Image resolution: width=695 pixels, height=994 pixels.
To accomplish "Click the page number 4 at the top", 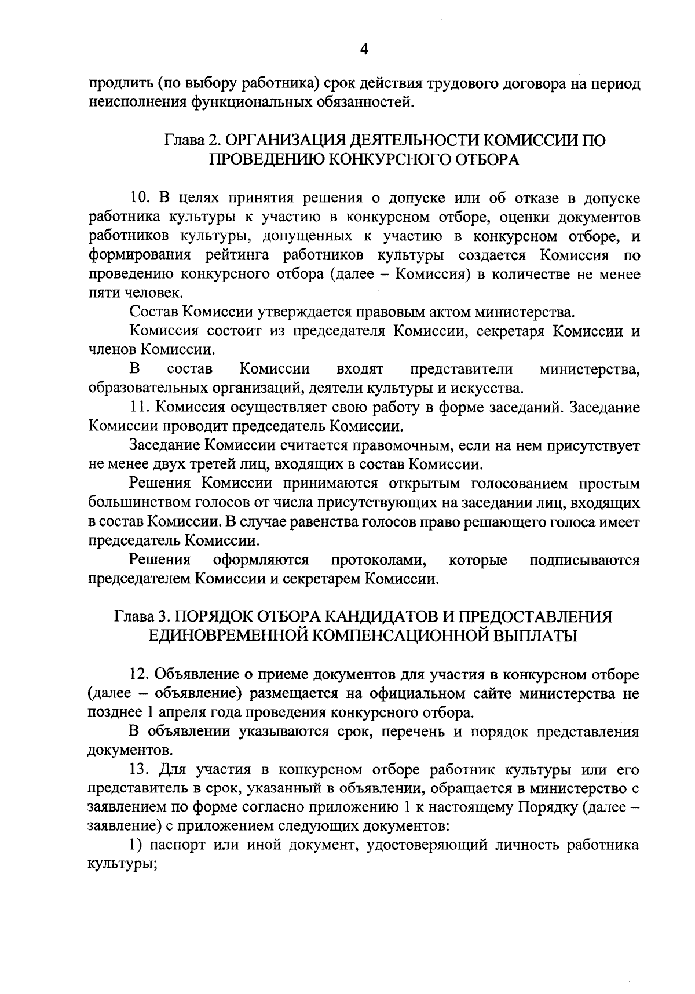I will coord(364,50).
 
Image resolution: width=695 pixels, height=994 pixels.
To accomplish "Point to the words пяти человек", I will coord(134,293).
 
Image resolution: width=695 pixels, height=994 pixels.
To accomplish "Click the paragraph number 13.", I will coord(140,770).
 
